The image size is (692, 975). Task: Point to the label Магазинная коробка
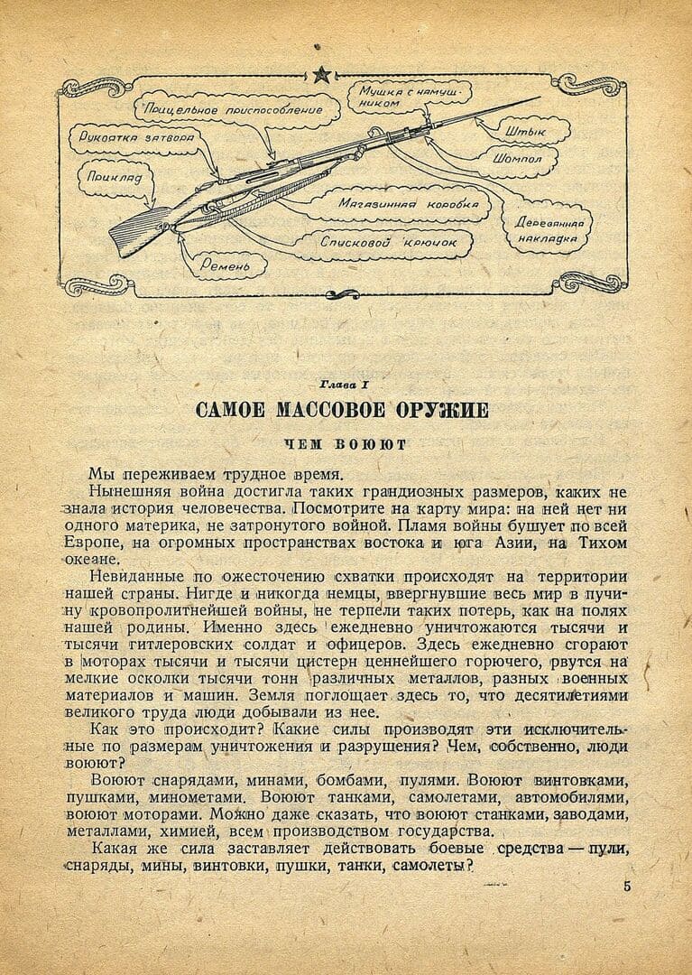coord(409,205)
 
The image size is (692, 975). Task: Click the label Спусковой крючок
coord(389,243)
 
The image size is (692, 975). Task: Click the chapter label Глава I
coord(346,384)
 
